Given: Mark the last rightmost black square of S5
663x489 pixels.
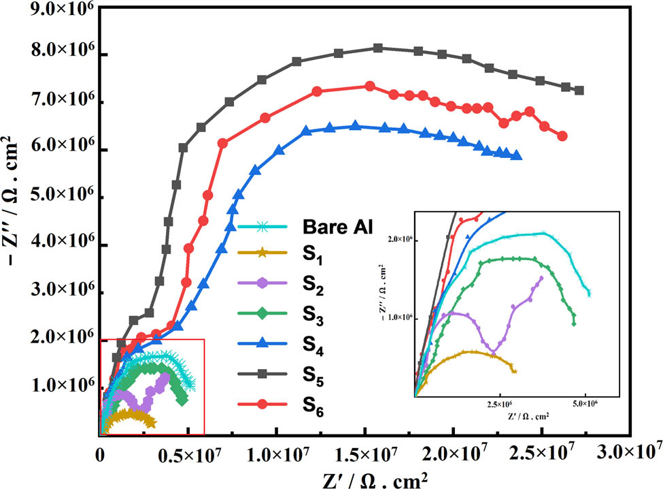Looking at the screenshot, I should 579,90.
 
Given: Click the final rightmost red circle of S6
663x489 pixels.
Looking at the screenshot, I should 562,136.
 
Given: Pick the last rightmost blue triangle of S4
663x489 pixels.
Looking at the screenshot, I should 517,155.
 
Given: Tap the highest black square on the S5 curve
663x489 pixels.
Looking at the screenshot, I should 379,48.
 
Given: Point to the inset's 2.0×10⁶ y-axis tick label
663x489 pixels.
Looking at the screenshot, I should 398,240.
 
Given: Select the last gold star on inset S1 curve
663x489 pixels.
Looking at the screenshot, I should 514,371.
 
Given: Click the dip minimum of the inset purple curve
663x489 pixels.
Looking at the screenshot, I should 494,351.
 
